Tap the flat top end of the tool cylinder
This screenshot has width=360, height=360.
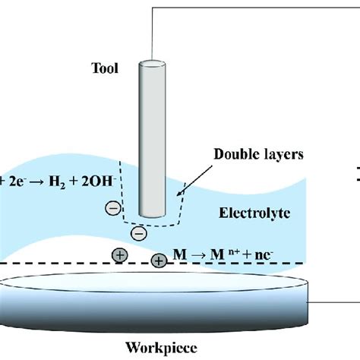tap(150, 62)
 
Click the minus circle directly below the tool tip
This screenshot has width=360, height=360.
tap(137, 232)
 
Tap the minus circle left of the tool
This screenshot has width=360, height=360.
tap(111, 207)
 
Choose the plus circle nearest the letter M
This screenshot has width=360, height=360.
tap(159, 261)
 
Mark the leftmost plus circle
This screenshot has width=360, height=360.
tap(120, 254)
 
